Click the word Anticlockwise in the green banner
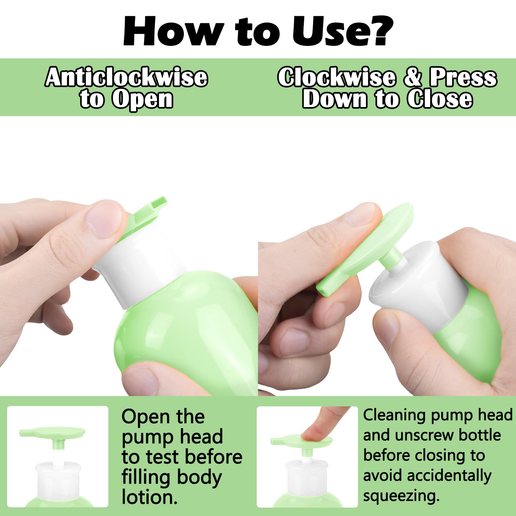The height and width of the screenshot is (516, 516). click(126, 77)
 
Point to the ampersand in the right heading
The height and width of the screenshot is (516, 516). click(412, 77)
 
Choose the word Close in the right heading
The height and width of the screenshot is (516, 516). click(440, 99)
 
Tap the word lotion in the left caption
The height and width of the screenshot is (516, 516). click(150, 497)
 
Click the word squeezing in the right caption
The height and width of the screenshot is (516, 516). click(401, 496)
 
